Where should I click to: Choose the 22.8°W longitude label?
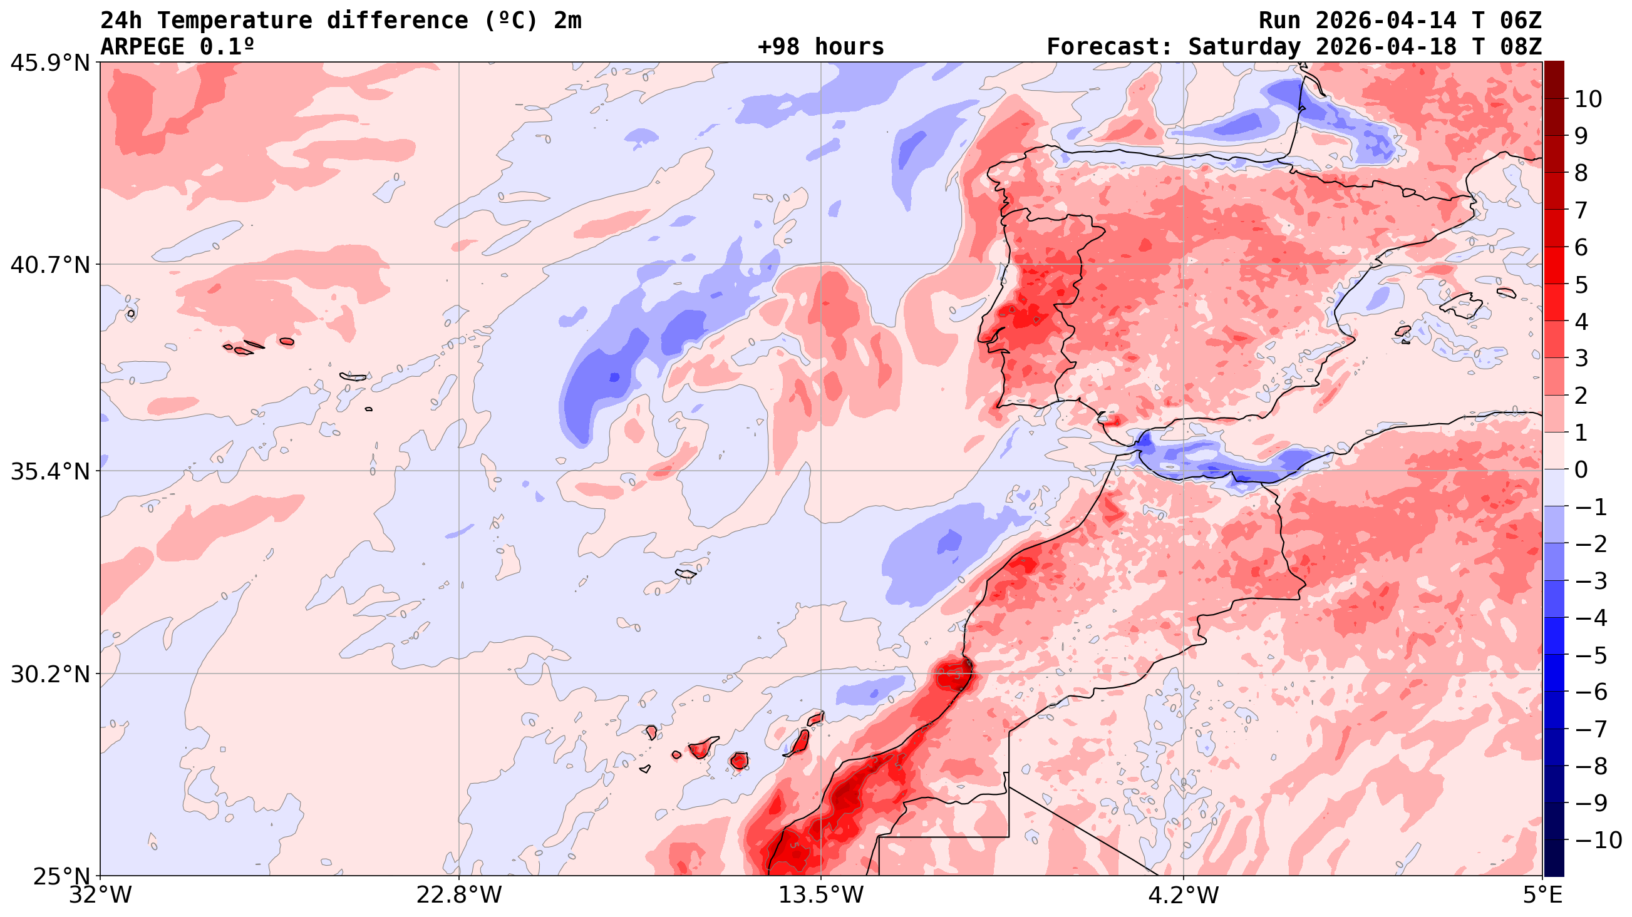(458, 896)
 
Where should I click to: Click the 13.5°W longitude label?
(821, 896)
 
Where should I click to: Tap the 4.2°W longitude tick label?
(1183, 896)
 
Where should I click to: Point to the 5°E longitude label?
(1542, 896)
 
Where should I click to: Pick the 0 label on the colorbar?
(1581, 470)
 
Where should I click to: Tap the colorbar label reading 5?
(1581, 285)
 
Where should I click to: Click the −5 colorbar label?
(1590, 655)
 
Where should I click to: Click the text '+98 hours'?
(820, 47)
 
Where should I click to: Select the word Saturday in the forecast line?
(1244, 47)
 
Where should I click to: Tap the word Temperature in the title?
(234, 20)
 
